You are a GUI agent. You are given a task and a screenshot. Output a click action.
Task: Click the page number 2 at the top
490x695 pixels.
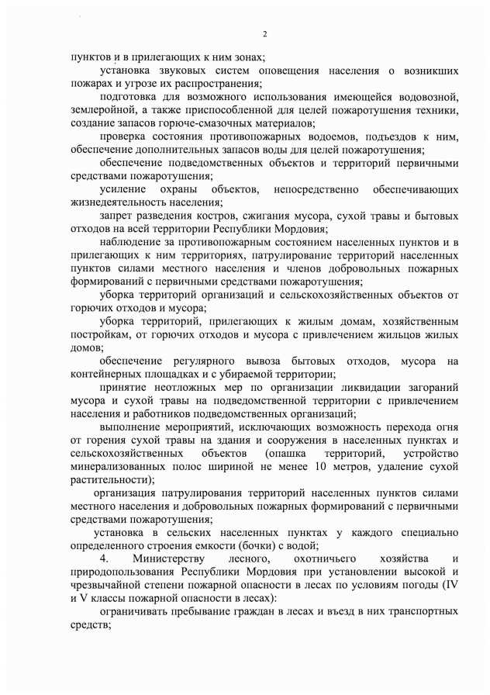264,33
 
